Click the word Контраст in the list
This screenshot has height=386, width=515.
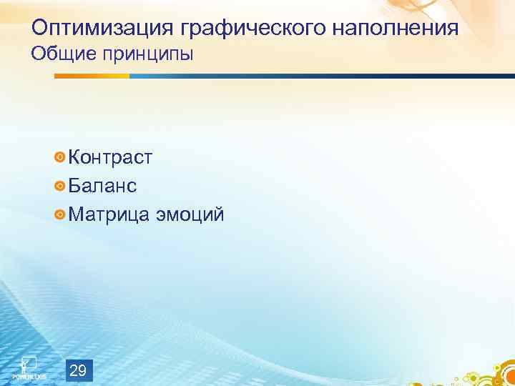[x=111, y=157]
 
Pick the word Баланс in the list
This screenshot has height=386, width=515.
[x=103, y=186]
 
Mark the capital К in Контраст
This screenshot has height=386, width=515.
[x=75, y=157]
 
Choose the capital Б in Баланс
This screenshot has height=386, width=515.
[x=75, y=186]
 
